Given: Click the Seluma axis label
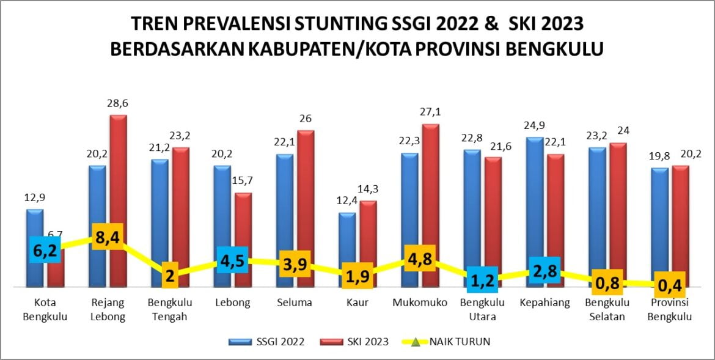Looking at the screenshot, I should click(295, 303).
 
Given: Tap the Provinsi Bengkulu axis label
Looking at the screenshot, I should click(670, 309).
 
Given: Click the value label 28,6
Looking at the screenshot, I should click(118, 103).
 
